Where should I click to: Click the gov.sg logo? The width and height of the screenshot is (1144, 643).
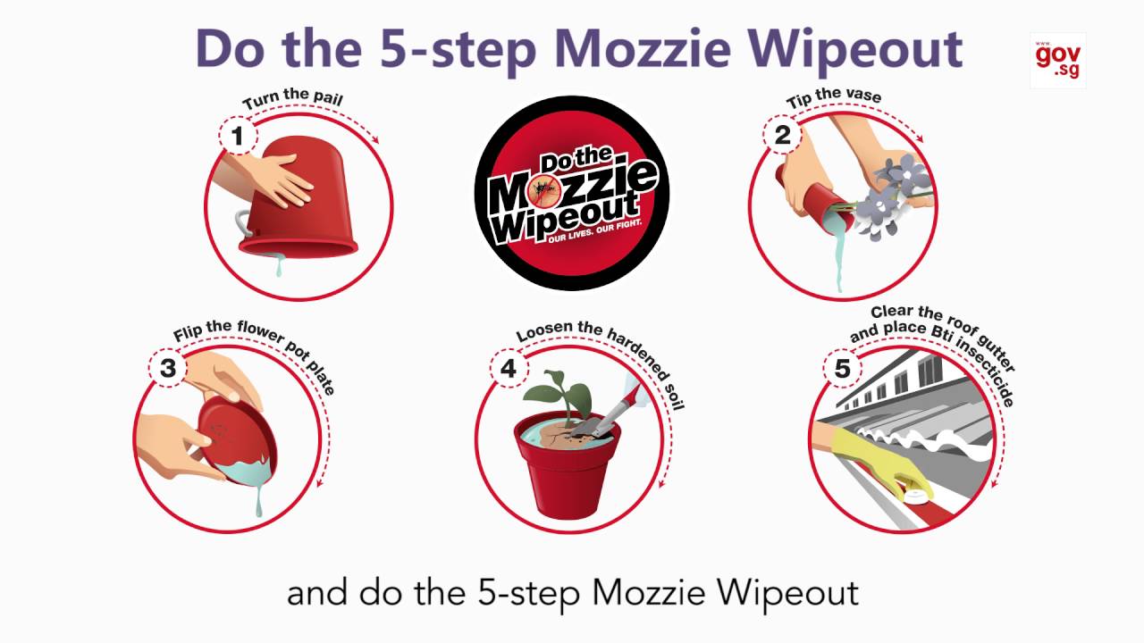[1057, 60]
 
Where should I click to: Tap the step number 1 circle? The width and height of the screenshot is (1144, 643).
[238, 135]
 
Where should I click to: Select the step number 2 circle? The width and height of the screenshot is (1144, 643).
[782, 135]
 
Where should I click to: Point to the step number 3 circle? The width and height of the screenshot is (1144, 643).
[168, 368]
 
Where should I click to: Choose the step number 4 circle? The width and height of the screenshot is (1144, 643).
[509, 368]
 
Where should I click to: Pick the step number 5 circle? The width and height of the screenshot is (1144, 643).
[842, 368]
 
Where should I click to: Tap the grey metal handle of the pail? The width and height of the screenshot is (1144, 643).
[243, 223]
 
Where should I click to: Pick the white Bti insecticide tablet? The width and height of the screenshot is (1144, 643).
[915, 495]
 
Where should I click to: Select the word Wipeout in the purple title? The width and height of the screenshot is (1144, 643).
[856, 49]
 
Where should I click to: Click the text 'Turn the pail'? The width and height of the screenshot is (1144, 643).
[292, 98]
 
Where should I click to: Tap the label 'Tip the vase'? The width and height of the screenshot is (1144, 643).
[834, 96]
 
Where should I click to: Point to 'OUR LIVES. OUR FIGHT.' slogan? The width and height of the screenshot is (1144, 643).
[594, 232]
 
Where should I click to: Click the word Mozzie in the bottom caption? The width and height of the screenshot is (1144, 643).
[649, 593]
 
